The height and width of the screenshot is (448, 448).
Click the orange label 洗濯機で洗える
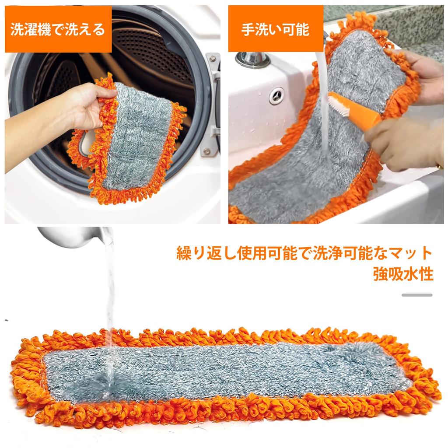(x=57, y=30)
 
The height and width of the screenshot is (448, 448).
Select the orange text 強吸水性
(x=403, y=274)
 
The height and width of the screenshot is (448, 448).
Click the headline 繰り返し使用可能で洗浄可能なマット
(x=304, y=253)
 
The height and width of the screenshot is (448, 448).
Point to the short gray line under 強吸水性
(x=416, y=295)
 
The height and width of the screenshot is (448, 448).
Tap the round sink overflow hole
(x=276, y=95)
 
